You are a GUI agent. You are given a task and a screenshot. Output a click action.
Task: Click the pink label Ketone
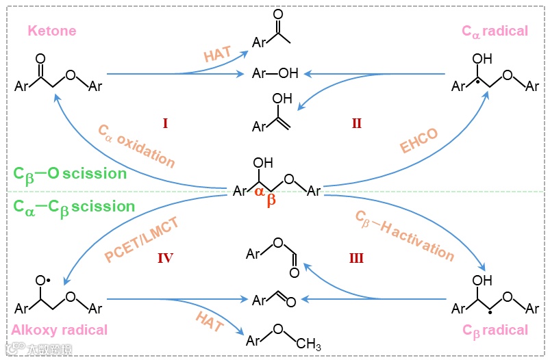coord(51,31)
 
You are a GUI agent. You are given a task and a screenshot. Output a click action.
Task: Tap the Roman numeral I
coord(165,123)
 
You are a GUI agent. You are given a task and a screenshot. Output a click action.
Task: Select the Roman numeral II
coord(356,123)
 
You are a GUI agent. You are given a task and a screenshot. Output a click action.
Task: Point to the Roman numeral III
coord(356,258)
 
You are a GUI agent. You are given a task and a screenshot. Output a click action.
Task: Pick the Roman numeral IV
coord(165,258)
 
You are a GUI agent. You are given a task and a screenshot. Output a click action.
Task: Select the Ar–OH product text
coord(275,73)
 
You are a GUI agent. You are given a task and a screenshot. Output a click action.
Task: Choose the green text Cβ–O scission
coord(70,173)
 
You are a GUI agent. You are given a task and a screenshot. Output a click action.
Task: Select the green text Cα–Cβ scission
coord(75,206)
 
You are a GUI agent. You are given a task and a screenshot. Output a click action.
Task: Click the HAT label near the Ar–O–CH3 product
coord(208,322)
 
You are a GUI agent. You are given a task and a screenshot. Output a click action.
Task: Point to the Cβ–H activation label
coord(404,235)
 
